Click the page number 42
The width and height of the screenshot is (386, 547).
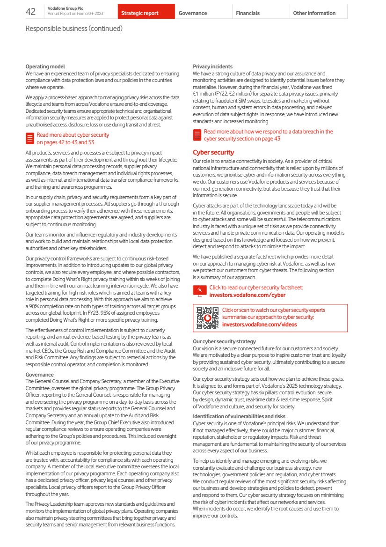[x=31, y=12]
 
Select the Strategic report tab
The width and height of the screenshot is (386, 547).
[x=140, y=13]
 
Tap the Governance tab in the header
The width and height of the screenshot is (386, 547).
[x=193, y=13]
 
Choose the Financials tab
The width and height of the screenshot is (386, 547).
[x=248, y=13]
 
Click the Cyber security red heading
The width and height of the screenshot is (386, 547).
[x=213, y=152]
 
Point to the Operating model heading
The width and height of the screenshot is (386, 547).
[x=45, y=67]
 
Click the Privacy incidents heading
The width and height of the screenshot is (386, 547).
[x=212, y=67]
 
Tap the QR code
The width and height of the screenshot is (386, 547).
[x=207, y=318]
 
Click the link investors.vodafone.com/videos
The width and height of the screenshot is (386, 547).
[x=259, y=324]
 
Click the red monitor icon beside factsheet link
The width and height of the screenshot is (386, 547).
[x=200, y=291]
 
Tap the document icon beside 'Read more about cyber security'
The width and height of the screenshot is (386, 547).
[x=29, y=138]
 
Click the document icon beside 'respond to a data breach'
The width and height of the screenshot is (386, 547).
[x=197, y=135]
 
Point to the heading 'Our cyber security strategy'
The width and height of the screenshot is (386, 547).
[x=224, y=341]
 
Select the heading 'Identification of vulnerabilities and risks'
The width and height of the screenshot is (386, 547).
[x=239, y=416]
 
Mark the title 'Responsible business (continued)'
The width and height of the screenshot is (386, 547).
[x=74, y=29]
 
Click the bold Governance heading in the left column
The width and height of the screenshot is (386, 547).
[x=39, y=375]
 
